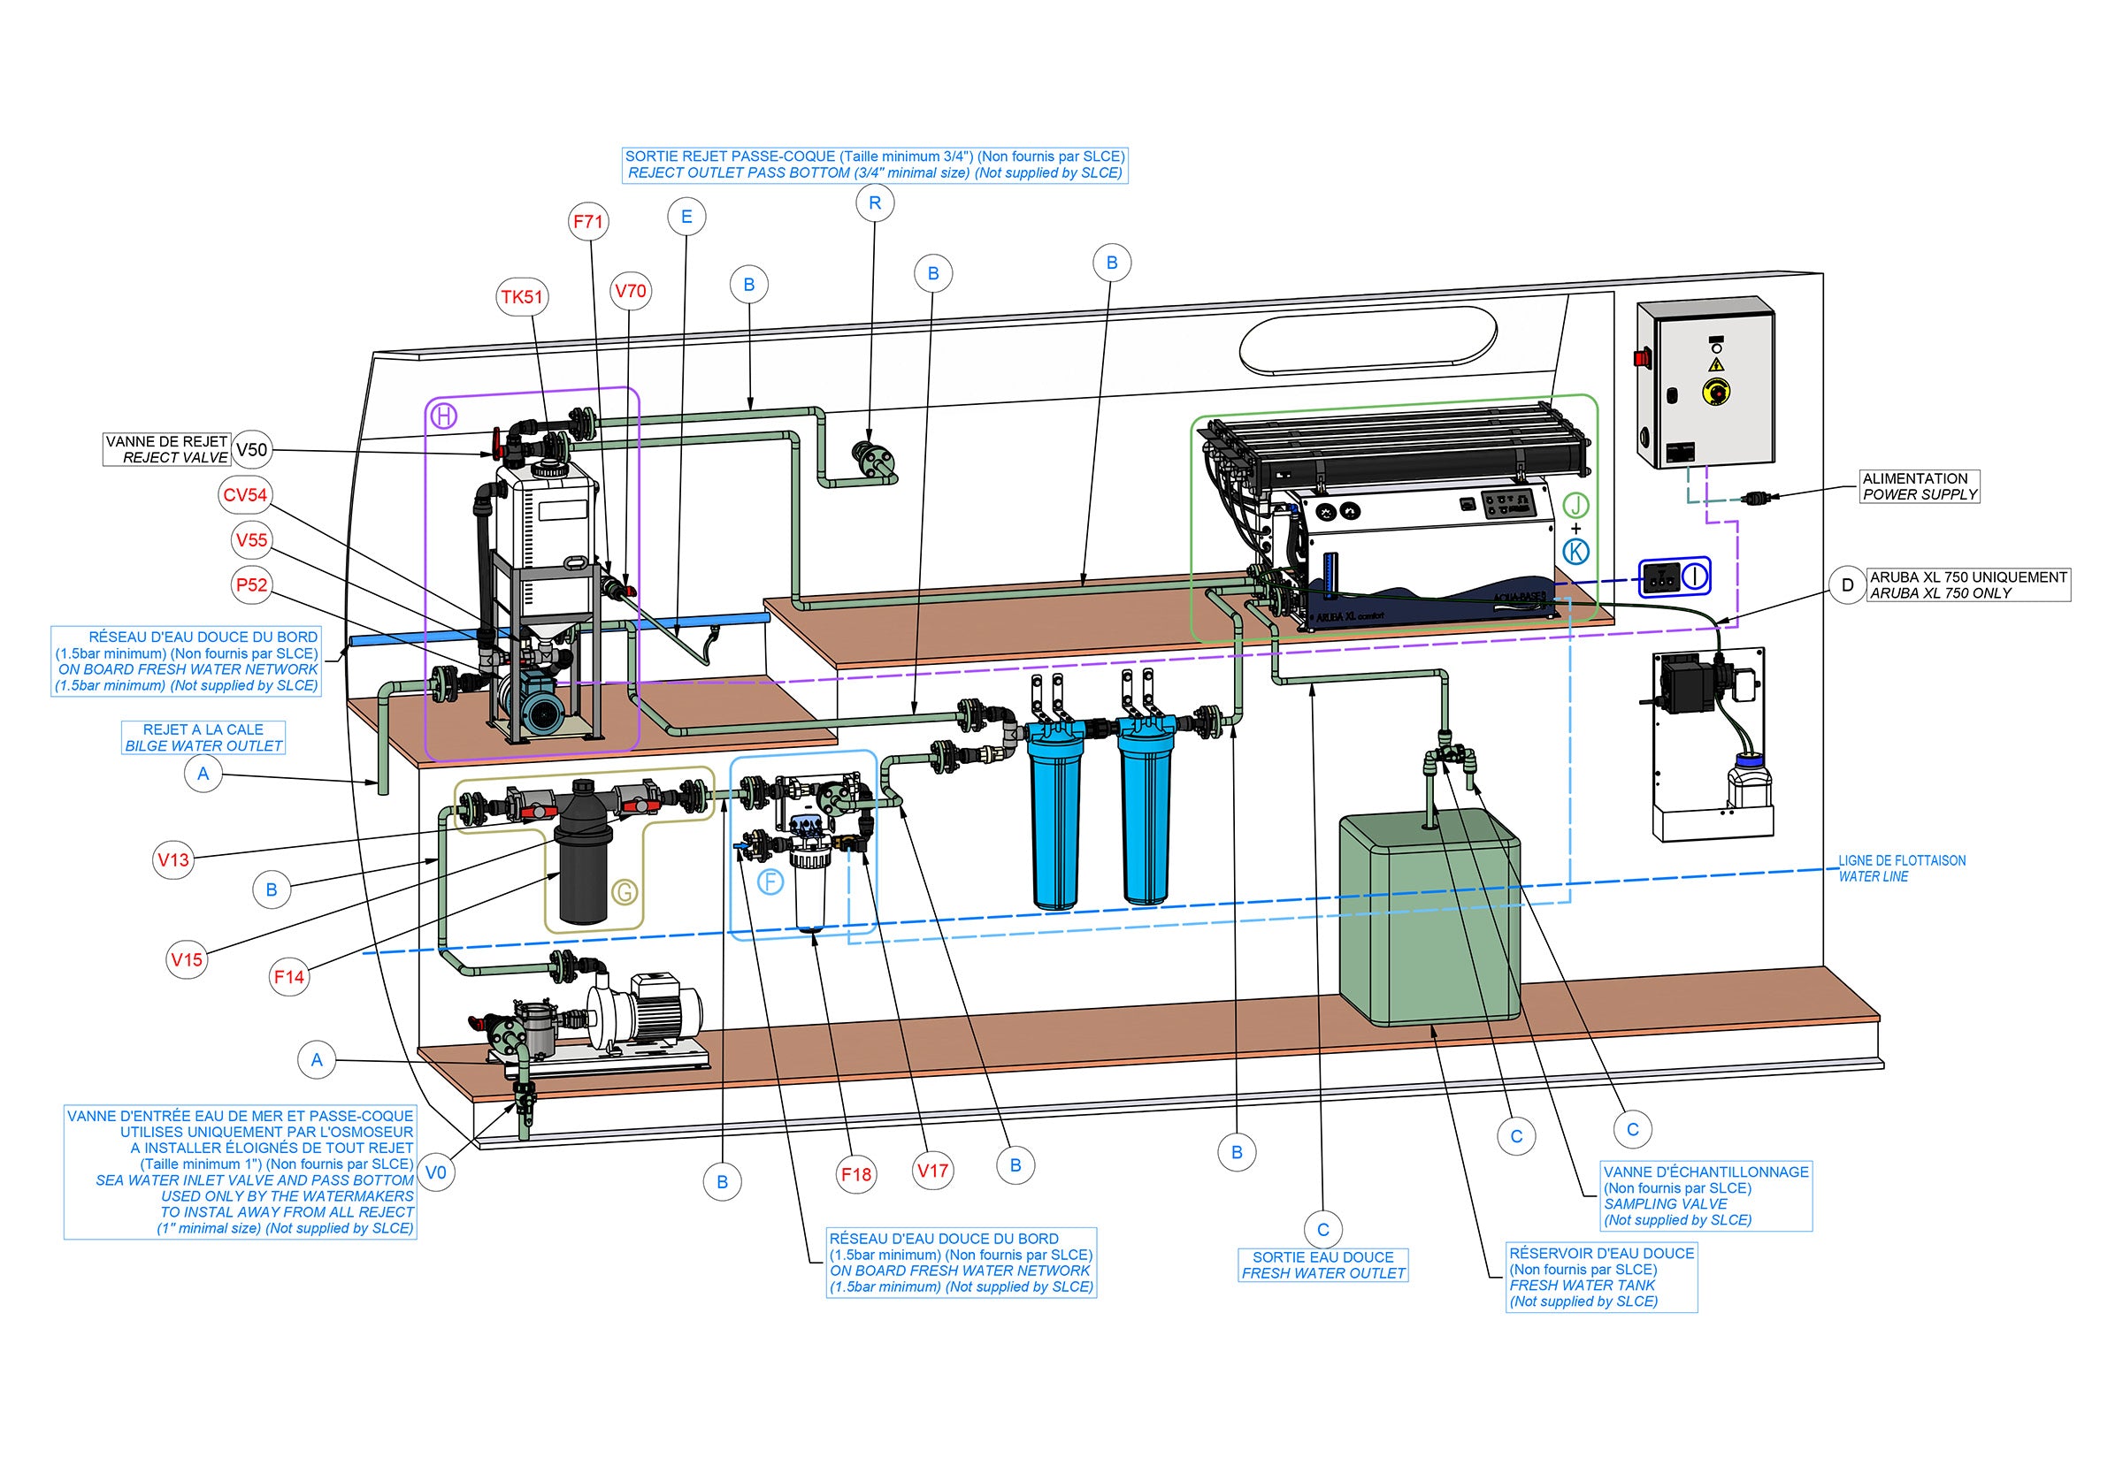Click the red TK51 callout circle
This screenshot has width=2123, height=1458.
point(523,297)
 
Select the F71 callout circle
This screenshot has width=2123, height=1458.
point(588,221)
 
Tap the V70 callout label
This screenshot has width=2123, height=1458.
point(630,292)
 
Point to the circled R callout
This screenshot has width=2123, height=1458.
point(875,202)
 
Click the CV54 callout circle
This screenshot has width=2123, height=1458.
point(245,495)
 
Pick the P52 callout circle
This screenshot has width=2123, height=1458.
point(251,584)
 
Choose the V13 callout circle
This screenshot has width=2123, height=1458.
point(172,859)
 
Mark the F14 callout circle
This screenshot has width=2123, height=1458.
point(288,976)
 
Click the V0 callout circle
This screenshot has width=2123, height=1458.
point(436,1172)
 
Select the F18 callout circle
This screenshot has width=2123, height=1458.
point(856,1174)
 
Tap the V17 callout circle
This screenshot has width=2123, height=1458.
point(933,1170)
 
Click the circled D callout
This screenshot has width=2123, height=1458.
point(1847,584)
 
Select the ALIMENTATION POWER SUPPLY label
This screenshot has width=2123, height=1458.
point(1920,486)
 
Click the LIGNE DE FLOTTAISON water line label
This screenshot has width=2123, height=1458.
point(1901,868)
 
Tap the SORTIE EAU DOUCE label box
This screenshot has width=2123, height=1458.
point(1323,1265)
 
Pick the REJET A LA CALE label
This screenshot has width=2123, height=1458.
point(203,737)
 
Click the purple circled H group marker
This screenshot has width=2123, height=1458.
point(444,416)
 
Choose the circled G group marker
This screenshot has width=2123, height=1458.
point(625,891)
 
